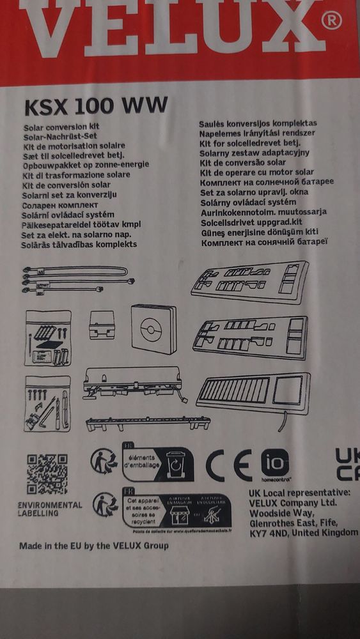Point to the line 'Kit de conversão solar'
pos(244,163)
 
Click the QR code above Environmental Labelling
pos(47,473)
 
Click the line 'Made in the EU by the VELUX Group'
pos(94,546)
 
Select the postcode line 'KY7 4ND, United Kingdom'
pos(303,532)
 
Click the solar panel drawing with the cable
pos(253,394)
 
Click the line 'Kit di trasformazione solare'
pos(75,174)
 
